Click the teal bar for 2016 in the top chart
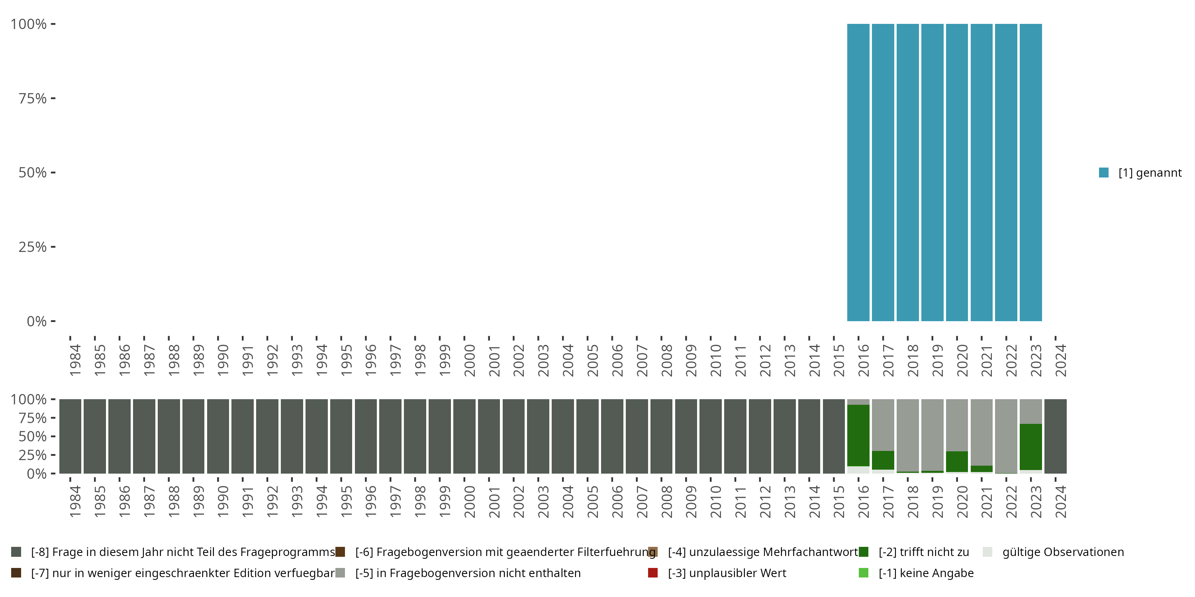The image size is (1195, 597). (x=858, y=172)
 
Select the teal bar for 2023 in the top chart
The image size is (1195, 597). (x=1031, y=172)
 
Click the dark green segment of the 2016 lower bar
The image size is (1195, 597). (x=858, y=436)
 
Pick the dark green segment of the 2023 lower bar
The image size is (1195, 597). (x=1031, y=447)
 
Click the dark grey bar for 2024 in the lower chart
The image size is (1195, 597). (x=1055, y=436)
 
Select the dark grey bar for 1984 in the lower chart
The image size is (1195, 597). (x=70, y=436)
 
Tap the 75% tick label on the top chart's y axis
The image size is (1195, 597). (x=33, y=98)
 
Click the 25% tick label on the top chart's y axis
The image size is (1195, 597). (x=33, y=247)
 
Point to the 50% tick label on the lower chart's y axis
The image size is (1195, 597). (x=33, y=437)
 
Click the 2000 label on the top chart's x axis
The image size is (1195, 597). (x=470, y=360)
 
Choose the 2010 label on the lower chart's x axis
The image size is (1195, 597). (x=716, y=501)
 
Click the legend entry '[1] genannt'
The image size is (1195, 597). (x=1150, y=173)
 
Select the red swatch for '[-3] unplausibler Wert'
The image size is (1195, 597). (x=653, y=573)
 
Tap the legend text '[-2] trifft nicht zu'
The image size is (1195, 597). (x=924, y=552)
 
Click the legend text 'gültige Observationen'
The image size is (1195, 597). (x=1063, y=552)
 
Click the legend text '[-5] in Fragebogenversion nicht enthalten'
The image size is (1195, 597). (x=468, y=573)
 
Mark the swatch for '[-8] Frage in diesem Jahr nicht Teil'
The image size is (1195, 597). (x=16, y=552)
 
